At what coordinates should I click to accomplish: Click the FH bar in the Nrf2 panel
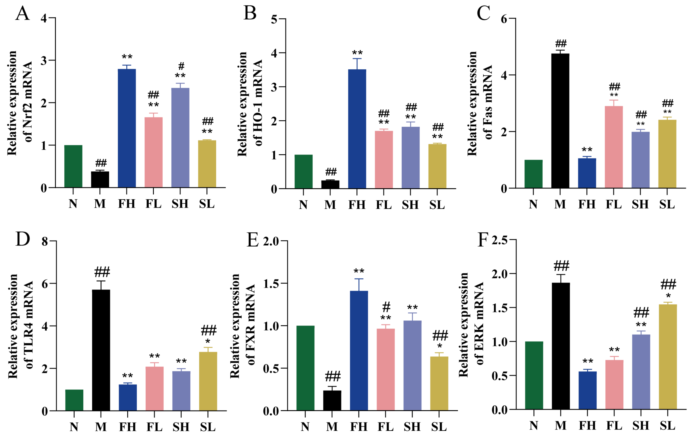pyautogui.click(x=127, y=128)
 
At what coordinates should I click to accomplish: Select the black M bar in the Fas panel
pyautogui.click(x=560, y=121)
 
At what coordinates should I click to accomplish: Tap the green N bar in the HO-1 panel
pyautogui.click(x=303, y=172)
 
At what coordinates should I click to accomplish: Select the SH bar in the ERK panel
pyautogui.click(x=641, y=372)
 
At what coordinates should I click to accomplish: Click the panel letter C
pyautogui.click(x=483, y=14)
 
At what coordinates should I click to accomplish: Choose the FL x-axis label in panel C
pyautogui.click(x=614, y=204)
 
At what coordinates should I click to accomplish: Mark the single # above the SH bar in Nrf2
pyautogui.click(x=181, y=66)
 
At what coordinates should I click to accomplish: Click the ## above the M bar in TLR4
pyautogui.click(x=102, y=272)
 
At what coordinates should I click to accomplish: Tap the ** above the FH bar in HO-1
pyautogui.click(x=357, y=53)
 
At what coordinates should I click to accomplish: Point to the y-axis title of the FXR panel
pyautogui.click(x=243, y=326)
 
